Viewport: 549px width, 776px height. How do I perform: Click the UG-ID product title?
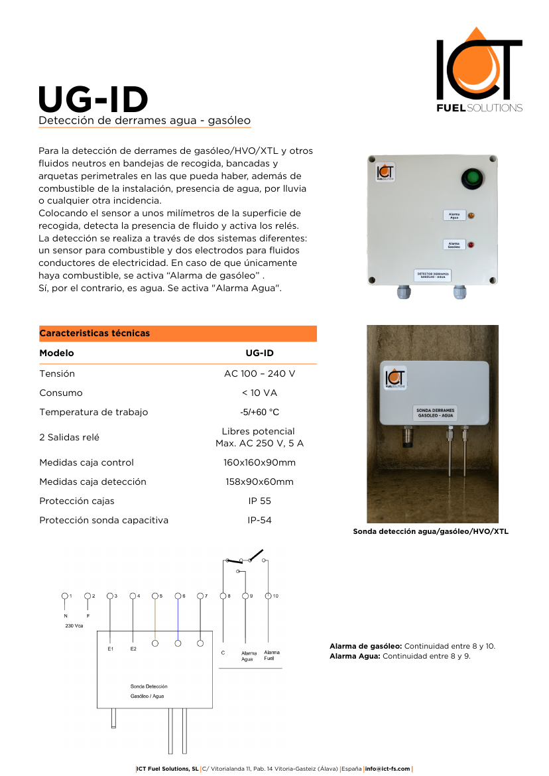point(93,99)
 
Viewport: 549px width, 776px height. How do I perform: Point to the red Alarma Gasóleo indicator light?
point(471,245)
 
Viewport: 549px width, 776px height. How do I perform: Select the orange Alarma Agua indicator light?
point(471,216)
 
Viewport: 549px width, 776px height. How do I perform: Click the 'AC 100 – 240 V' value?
point(259,373)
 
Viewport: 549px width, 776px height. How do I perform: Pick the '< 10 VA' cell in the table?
point(259,393)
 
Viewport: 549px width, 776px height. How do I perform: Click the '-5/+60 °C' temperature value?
point(259,412)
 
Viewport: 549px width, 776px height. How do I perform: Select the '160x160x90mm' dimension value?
point(259,462)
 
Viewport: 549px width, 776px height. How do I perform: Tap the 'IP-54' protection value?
point(259,520)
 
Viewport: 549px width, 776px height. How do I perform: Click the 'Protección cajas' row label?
point(76,501)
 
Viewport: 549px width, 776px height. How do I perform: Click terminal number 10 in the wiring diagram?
point(269,596)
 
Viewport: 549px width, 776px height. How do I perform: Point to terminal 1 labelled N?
point(65,596)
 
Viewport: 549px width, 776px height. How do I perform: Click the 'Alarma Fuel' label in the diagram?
point(272,655)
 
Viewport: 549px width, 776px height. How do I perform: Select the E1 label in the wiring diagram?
point(111,648)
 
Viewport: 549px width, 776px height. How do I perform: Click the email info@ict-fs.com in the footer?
point(387,769)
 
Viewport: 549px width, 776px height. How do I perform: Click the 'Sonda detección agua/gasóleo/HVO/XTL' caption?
point(430,531)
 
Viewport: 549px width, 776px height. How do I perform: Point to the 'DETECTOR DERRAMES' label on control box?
point(432,274)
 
